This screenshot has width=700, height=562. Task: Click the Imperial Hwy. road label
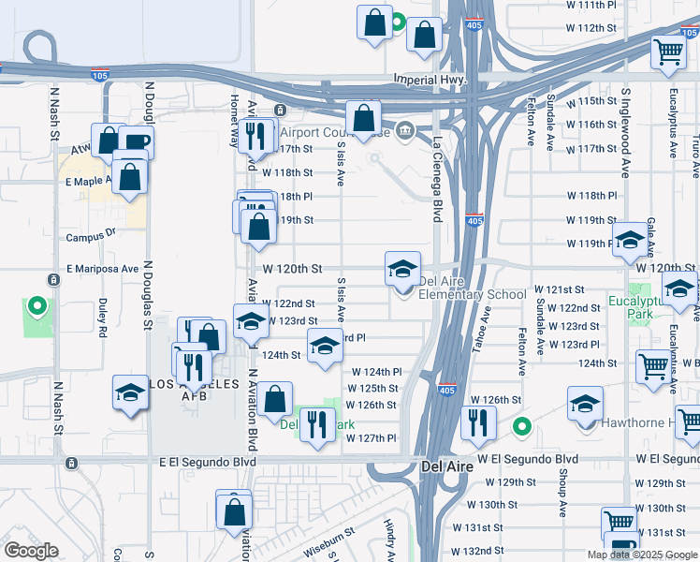[x=430, y=80]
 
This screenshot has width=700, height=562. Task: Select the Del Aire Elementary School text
[x=473, y=288]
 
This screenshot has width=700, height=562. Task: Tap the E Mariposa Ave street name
[x=102, y=269]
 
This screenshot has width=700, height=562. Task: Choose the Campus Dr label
[x=90, y=237]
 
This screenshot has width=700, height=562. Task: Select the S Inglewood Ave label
[x=625, y=133]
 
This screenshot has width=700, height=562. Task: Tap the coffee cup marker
[x=136, y=143]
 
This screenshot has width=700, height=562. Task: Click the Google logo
[x=30, y=550]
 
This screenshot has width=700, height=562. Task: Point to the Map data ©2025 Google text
[x=641, y=555]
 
